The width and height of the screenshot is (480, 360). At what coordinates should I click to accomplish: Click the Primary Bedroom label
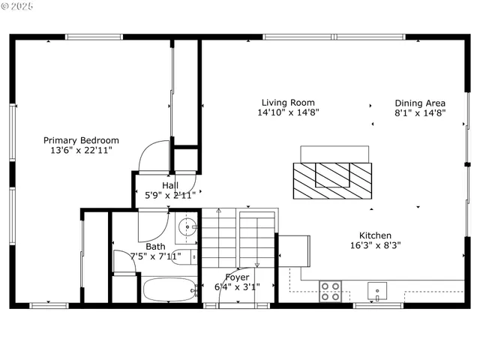point(81,140)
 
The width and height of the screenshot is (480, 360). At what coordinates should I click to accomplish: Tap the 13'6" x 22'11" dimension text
point(81,151)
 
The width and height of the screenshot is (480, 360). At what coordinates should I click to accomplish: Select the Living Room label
point(288,103)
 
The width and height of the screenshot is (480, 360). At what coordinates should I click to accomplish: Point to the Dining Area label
point(420,103)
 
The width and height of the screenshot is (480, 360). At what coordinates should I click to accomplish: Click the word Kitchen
point(375,235)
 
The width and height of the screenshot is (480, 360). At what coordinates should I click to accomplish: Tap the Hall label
point(170,185)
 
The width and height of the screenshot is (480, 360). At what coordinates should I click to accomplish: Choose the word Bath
point(156,246)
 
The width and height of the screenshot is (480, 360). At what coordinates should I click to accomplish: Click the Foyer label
point(237,277)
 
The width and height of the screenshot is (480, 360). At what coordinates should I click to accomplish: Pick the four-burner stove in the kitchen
point(331,290)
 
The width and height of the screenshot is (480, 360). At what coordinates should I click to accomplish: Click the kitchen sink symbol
point(376,289)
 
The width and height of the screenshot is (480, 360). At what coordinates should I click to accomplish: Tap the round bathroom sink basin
point(188,226)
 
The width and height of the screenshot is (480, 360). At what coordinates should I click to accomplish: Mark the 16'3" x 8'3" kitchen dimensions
point(376,245)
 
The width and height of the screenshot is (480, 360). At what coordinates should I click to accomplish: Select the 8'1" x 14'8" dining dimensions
point(420,113)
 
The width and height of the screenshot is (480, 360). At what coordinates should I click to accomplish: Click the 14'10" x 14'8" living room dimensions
point(288,113)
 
